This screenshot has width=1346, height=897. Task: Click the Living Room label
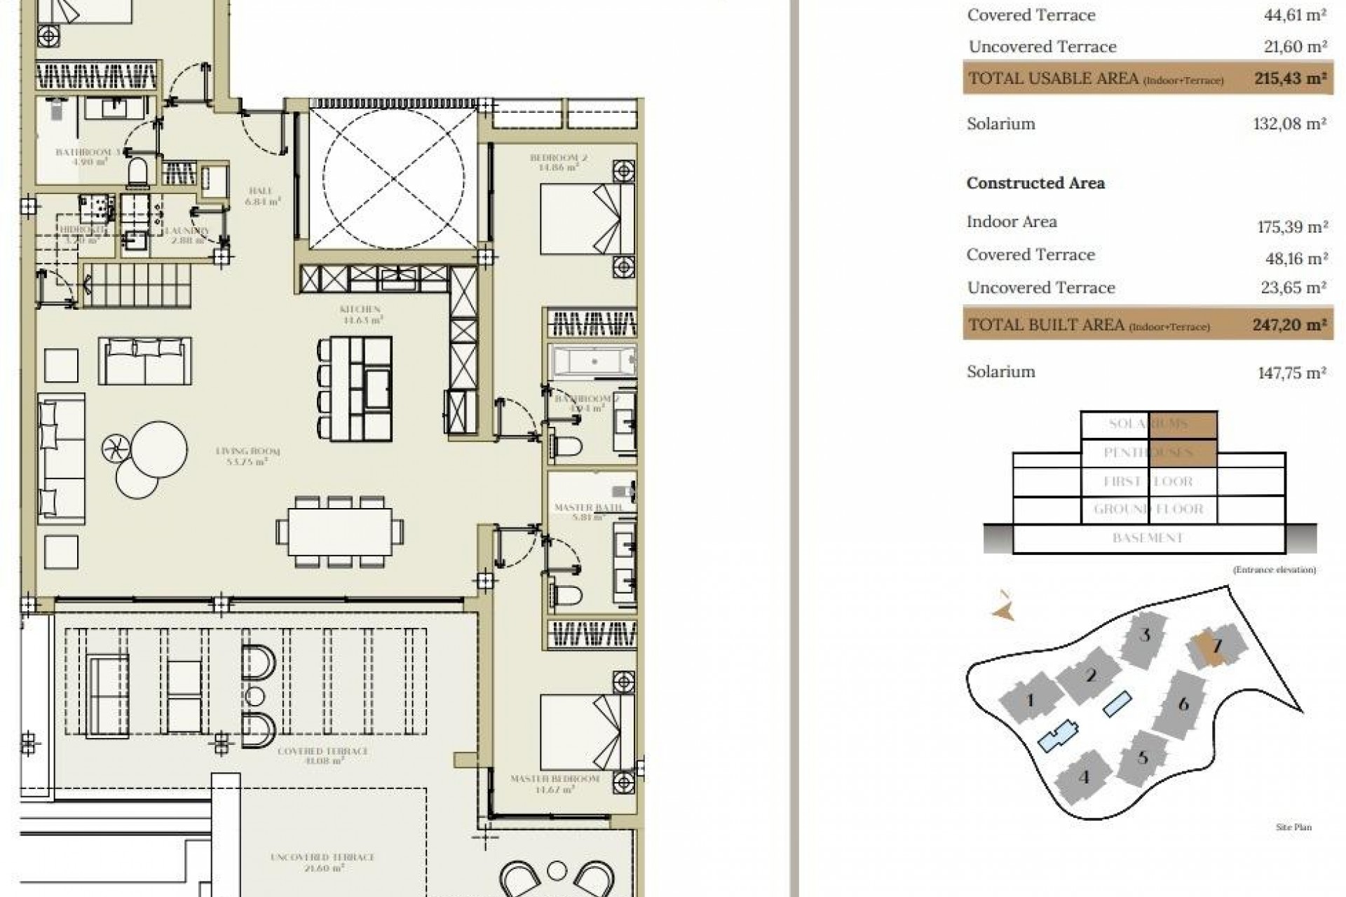tap(247, 451)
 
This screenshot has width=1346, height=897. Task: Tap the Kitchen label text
tap(360, 309)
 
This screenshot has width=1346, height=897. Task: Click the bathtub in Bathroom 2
tap(594, 362)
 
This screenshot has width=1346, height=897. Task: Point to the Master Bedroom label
tap(555, 779)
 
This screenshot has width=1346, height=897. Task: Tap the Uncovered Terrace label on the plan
tap(322, 857)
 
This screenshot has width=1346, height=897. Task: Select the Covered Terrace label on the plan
tap(313, 751)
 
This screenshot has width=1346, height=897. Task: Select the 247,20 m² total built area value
tap(1289, 324)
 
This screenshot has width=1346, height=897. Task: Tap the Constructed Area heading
tap(1035, 183)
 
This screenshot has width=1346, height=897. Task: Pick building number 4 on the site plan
tap(1084, 777)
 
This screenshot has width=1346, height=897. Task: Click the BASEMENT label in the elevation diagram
tap(1148, 538)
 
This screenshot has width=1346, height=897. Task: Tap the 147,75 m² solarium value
tap(1291, 373)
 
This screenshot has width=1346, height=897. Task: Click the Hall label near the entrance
tap(260, 191)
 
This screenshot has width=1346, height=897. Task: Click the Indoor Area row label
tap(1012, 222)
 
